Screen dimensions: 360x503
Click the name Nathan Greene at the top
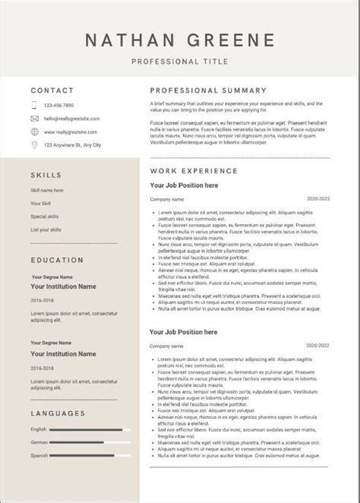click(x=180, y=40)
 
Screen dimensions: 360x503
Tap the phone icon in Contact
click(x=35, y=104)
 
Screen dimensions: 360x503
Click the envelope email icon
click(x=35, y=118)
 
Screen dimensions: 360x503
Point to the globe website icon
click(x=35, y=131)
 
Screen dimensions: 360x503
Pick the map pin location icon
click(x=35, y=144)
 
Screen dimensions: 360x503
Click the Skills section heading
click(x=46, y=173)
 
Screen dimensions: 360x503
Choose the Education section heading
click(x=56, y=260)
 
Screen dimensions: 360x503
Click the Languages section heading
click(x=58, y=413)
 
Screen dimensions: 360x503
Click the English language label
click(x=39, y=429)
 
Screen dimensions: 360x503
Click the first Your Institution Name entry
click(x=63, y=287)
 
